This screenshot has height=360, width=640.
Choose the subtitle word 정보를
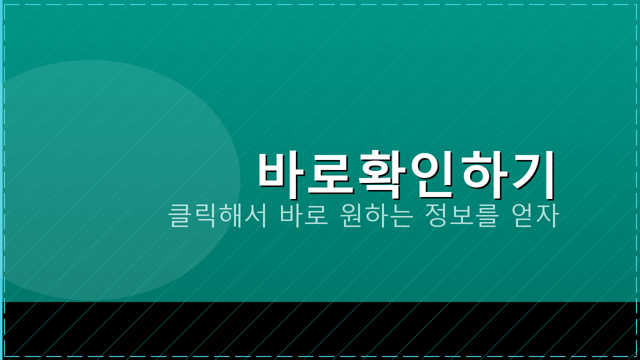click(x=460, y=215)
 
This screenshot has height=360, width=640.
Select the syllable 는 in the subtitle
click(x=402, y=215)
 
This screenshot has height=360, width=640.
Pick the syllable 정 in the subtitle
click(x=435, y=215)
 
